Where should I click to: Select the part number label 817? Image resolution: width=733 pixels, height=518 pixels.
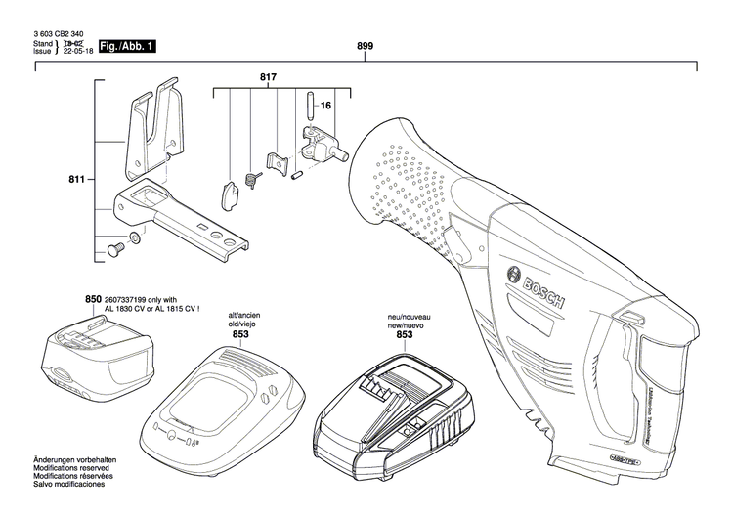pos(268,76)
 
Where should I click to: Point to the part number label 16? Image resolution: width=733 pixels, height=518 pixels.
pos(326,104)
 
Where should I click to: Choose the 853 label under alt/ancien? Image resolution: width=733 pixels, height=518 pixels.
pos(240,334)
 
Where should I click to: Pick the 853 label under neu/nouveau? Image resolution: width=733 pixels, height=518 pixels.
pos(404,334)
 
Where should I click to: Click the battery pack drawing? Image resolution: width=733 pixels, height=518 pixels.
pos(90,359)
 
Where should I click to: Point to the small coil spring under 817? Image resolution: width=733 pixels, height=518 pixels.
pos(250,177)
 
